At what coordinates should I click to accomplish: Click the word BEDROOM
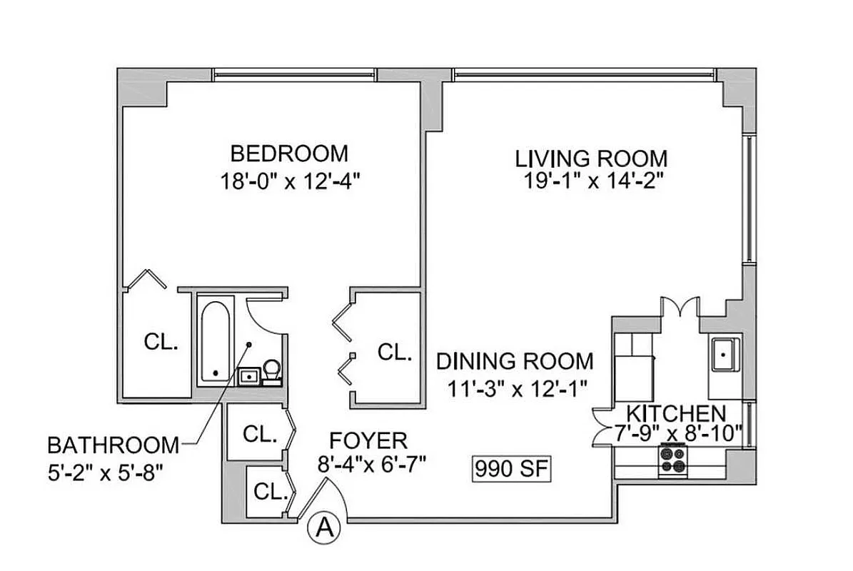[x=289, y=153]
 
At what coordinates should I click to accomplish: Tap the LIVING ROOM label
[x=592, y=158]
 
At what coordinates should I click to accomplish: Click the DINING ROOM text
[x=515, y=360]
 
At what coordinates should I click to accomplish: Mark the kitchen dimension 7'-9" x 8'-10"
[x=679, y=433]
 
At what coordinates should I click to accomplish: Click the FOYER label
[x=368, y=440]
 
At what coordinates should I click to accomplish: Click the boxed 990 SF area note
[x=510, y=469]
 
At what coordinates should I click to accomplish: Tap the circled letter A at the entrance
[x=323, y=527]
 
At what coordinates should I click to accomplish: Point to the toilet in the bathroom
[x=271, y=370]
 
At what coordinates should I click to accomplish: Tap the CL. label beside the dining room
[x=395, y=351]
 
